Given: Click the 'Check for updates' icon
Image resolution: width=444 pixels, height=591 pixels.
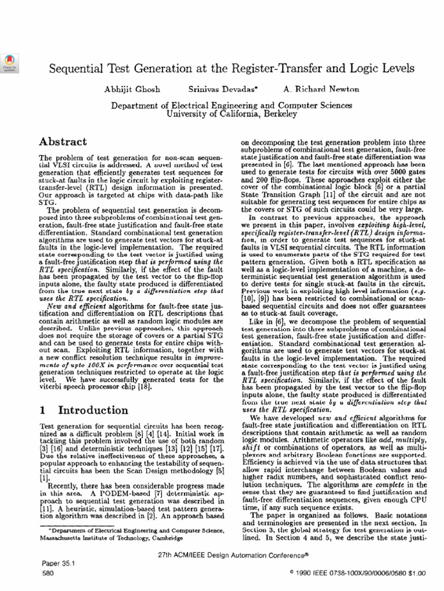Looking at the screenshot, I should pos(10,62).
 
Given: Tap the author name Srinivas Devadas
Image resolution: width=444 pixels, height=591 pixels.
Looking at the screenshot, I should pos(214,89).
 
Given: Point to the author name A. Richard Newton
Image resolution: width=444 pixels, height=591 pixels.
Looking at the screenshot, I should pos(321,89).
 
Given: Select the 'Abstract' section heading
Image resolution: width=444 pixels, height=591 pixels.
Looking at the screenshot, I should pos(63,142).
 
